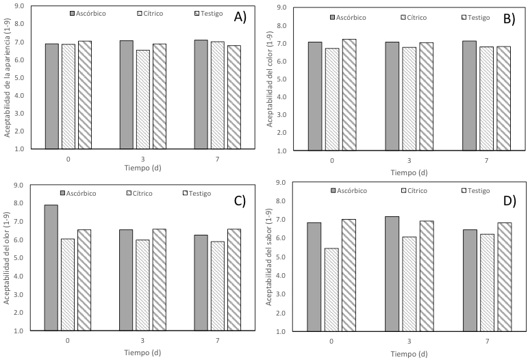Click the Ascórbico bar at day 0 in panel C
51,268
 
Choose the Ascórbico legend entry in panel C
77,193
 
